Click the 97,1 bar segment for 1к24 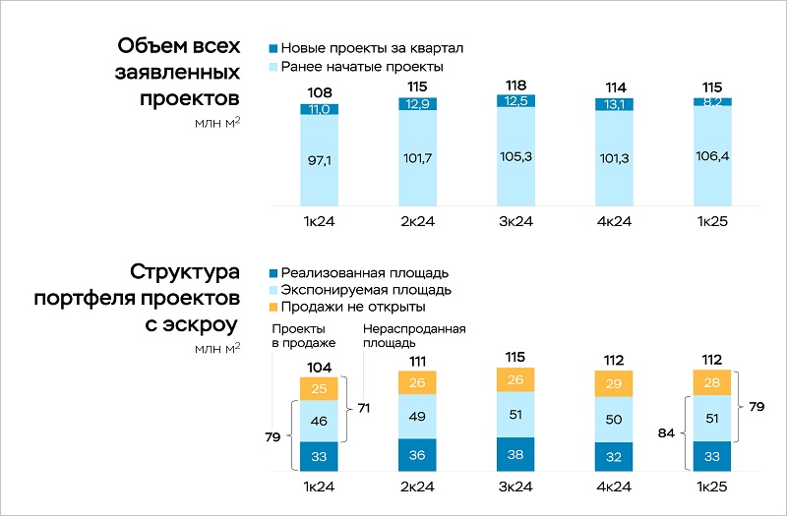(319, 159)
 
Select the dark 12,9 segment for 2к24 (417, 103)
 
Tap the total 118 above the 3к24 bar (515, 86)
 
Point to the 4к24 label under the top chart (614, 223)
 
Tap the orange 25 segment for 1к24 (319, 389)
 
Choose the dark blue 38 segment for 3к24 (515, 455)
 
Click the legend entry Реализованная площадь (364, 272)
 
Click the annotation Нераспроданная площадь (413, 336)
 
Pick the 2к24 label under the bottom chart (417, 487)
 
